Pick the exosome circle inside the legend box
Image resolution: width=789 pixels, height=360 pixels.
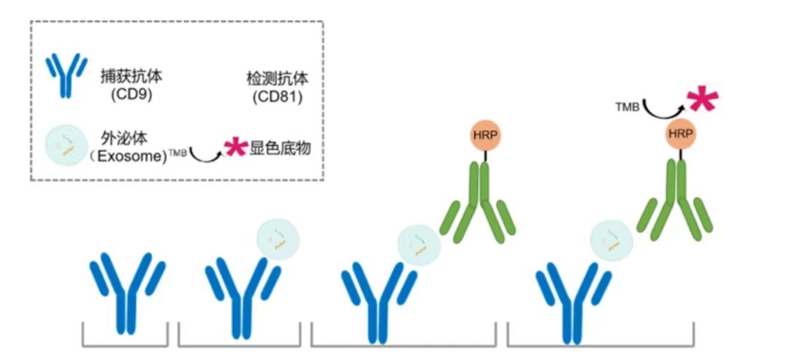64,145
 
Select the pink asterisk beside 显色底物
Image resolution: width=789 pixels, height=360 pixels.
235,148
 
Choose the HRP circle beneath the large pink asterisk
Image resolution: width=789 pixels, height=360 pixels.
681,134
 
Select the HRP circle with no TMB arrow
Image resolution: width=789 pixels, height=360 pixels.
484,135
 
